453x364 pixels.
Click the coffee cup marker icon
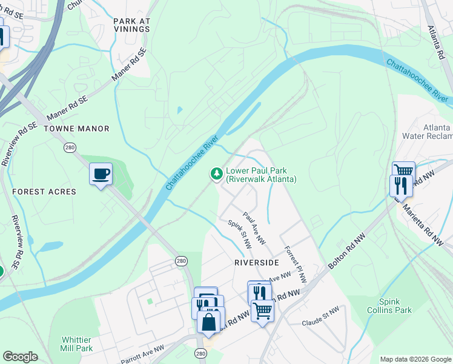point(101,174)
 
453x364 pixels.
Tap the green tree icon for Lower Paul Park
point(216,175)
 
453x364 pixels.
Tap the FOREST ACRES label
point(44,192)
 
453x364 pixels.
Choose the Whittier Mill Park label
point(76,344)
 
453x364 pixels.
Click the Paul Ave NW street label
point(254,228)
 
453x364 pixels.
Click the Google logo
point(20,357)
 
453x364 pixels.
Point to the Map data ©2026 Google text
point(415,359)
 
